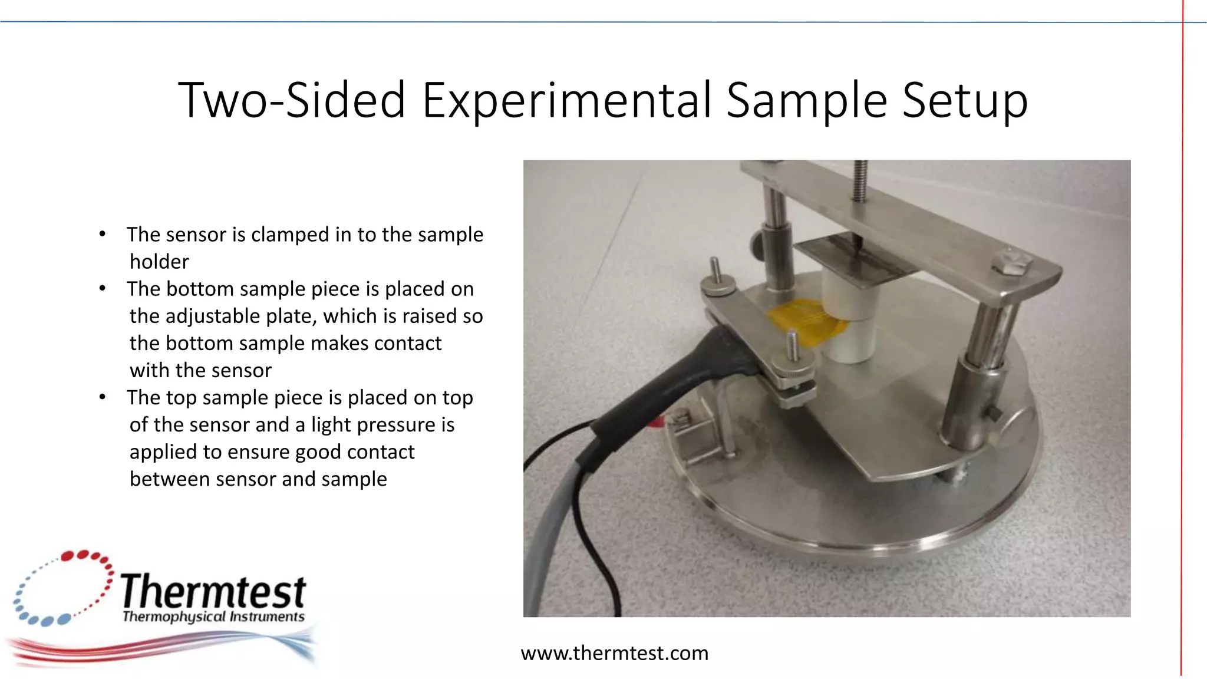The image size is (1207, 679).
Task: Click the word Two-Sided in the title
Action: (x=292, y=100)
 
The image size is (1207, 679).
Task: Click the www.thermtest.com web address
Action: (x=614, y=653)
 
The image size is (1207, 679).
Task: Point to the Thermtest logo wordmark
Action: (x=213, y=591)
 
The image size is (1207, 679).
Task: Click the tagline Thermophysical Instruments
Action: (x=213, y=617)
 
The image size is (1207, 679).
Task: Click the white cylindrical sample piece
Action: (x=849, y=318)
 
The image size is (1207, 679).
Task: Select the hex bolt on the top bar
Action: (x=1011, y=262)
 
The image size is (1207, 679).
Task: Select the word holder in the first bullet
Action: (x=159, y=262)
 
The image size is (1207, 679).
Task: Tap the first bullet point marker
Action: (x=103, y=235)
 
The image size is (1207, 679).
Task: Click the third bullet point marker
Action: (x=103, y=397)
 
